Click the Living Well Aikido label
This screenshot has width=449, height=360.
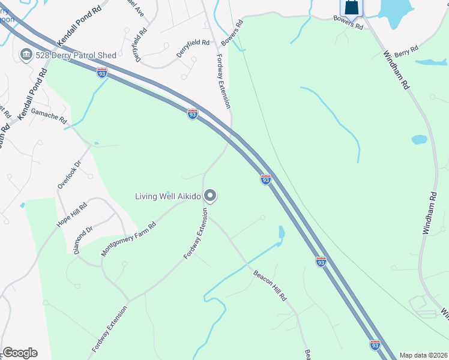click(x=169, y=196)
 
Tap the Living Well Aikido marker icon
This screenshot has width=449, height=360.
click(x=210, y=196)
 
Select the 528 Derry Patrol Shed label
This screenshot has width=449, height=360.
click(x=76, y=56)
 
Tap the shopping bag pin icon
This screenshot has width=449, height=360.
click(x=352, y=7)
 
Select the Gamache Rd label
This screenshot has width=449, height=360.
click(x=49, y=115)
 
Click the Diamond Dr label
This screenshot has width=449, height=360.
click(x=83, y=240)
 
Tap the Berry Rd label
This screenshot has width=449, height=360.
click(x=406, y=52)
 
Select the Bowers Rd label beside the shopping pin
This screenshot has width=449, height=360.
click(x=349, y=23)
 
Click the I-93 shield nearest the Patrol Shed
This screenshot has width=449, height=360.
click(x=102, y=73)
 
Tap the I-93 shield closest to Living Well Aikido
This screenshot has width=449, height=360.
click(x=266, y=179)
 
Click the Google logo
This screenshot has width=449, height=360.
click(x=20, y=353)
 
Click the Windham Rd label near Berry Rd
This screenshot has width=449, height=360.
click(x=397, y=71)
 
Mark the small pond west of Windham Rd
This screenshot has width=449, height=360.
click(x=419, y=140)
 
